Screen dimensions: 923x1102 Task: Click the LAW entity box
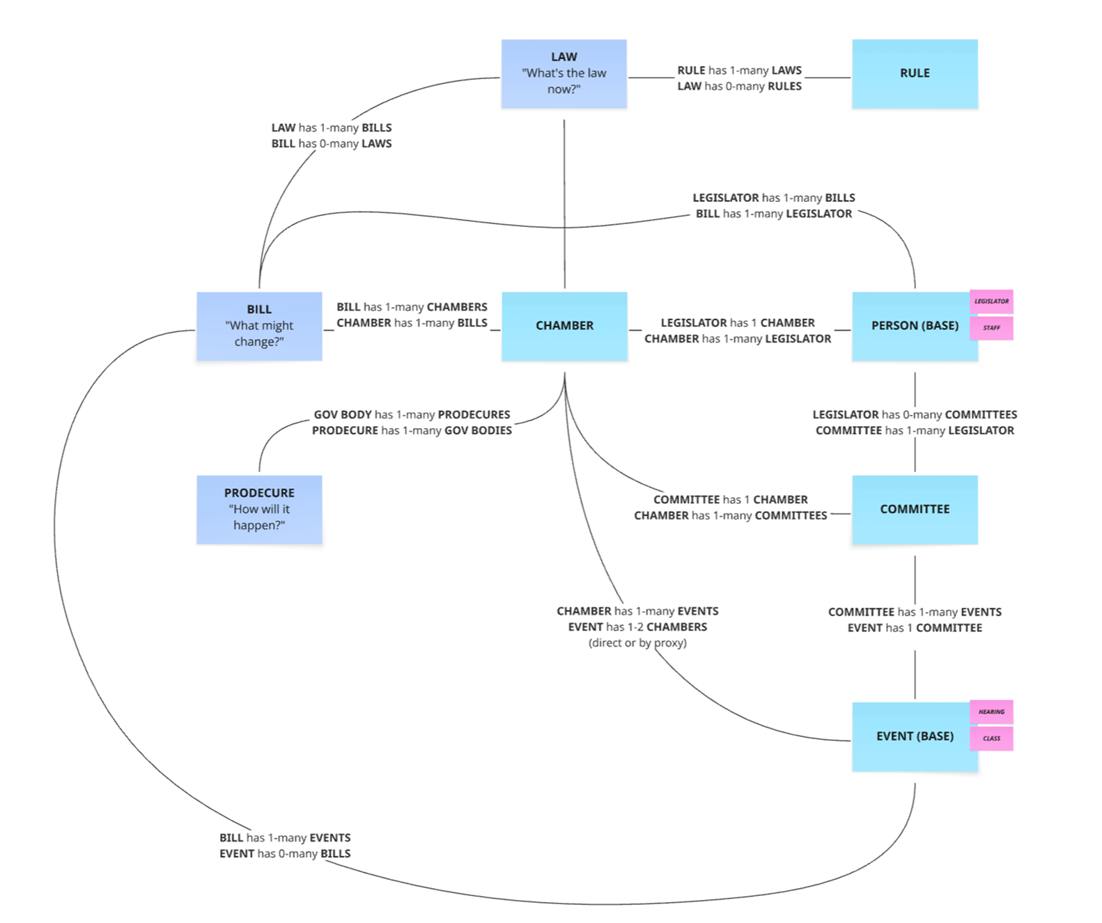[x=564, y=74]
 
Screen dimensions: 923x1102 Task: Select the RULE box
[x=914, y=74]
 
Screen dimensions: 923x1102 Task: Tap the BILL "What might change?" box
[x=259, y=326]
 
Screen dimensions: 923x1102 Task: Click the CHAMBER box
[x=564, y=326]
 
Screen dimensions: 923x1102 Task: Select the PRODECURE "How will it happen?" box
[x=259, y=509]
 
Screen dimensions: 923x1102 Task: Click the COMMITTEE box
[x=914, y=509]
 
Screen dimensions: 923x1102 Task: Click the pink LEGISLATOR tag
[x=991, y=301]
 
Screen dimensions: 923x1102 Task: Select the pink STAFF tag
[x=991, y=328]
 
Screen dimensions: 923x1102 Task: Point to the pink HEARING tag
[x=991, y=712]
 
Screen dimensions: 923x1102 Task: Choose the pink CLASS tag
[x=991, y=739]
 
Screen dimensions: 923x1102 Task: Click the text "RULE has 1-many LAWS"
[x=739, y=70]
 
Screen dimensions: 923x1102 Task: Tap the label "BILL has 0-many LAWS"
[x=332, y=143]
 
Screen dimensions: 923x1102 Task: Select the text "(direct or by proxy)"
[x=637, y=642]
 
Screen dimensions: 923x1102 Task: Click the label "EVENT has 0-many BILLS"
[x=285, y=853]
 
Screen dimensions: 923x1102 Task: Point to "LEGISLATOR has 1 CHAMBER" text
[x=738, y=323]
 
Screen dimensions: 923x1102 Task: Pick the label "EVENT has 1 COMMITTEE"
[x=914, y=628]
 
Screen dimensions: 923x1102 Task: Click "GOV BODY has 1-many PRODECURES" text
[x=412, y=415]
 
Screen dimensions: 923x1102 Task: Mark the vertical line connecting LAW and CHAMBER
[x=564, y=202]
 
